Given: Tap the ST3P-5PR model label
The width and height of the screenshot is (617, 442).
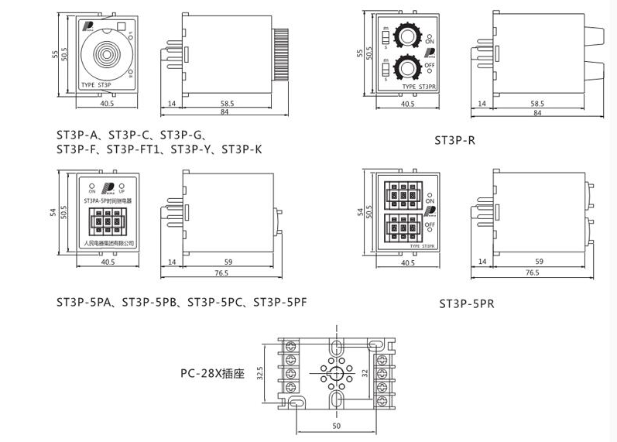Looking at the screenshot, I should (466, 303).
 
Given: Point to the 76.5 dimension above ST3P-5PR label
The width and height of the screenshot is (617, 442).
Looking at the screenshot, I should (532, 273).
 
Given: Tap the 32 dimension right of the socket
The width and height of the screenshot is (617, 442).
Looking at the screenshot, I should (408, 374).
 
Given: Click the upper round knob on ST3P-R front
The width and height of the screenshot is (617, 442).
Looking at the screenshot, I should (406, 36).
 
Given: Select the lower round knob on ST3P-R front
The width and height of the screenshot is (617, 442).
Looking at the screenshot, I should (406, 69).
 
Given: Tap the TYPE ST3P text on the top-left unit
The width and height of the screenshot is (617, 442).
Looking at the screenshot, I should (97, 84).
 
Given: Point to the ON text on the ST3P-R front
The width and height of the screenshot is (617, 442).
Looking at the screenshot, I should (430, 41).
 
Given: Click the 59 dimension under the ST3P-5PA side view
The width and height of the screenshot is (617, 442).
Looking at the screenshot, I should (228, 262).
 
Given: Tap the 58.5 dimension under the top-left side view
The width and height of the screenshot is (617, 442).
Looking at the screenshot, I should (227, 102).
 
